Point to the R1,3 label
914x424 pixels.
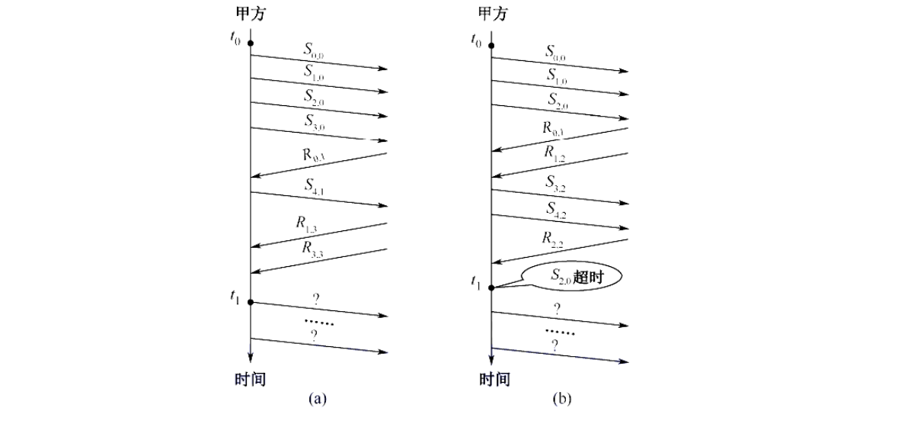307,223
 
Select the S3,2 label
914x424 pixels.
554,181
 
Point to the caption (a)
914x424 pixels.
317,399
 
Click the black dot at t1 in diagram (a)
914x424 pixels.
251,302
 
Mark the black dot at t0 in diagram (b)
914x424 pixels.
491,46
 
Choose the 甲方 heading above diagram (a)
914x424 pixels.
251,14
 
